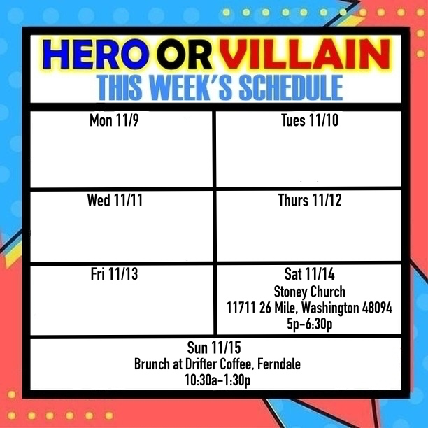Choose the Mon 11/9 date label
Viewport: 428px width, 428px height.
[x=115, y=121]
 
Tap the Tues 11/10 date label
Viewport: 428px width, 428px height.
[x=309, y=121]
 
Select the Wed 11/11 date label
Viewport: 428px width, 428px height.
[x=115, y=201]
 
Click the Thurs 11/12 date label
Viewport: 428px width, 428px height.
[x=309, y=201]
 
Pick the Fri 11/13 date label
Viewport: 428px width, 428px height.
[x=115, y=274]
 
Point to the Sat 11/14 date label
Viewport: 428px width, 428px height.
[x=309, y=274]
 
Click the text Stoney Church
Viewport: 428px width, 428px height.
[x=309, y=292]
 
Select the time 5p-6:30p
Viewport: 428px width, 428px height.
[x=309, y=324]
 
